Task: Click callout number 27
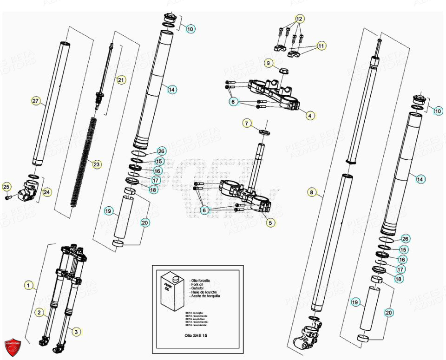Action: click(36, 101)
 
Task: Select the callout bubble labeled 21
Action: click(121, 80)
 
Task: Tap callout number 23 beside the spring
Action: click(96, 164)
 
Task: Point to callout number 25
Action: click(7, 187)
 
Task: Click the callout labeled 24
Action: click(47, 191)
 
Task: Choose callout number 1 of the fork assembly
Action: click(29, 286)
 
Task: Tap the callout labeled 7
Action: click(247, 123)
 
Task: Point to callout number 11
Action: click(321, 46)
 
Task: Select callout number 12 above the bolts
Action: click(299, 19)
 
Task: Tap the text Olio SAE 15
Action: click(197, 334)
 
